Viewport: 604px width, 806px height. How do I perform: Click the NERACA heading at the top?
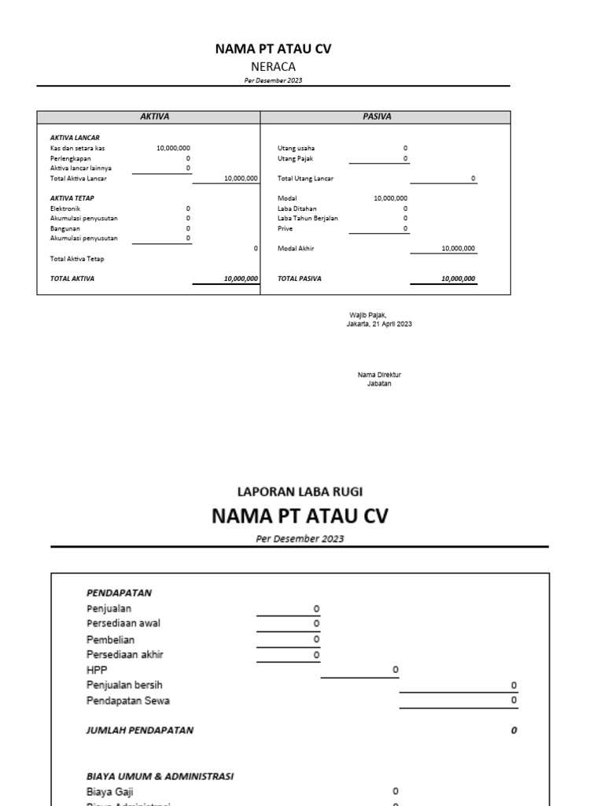[273, 67]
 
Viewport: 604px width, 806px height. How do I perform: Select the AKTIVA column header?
[154, 116]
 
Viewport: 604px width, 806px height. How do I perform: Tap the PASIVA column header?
[377, 116]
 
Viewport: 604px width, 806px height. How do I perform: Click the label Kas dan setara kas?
[77, 148]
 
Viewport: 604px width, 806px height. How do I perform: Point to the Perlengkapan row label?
[72, 158]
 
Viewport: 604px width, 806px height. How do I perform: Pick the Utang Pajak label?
[296, 158]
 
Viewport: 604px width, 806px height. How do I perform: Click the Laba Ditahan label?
[297, 209]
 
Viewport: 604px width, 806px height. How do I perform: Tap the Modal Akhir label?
[296, 249]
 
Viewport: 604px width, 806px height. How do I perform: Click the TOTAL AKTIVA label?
[72, 279]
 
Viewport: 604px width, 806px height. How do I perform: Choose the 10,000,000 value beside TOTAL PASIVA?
[458, 279]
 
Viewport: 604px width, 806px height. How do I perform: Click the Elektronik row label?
[65, 209]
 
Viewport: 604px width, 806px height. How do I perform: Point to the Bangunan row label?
[65, 228]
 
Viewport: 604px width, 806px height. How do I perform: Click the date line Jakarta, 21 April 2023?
[379, 324]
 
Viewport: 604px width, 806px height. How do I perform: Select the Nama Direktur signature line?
[379, 375]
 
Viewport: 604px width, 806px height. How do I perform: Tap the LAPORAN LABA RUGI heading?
[300, 491]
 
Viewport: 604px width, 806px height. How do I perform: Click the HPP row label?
[96, 670]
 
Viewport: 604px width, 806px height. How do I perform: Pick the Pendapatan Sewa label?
[127, 701]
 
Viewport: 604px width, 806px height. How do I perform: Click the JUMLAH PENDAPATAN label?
[139, 730]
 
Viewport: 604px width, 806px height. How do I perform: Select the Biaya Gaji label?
[109, 791]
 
